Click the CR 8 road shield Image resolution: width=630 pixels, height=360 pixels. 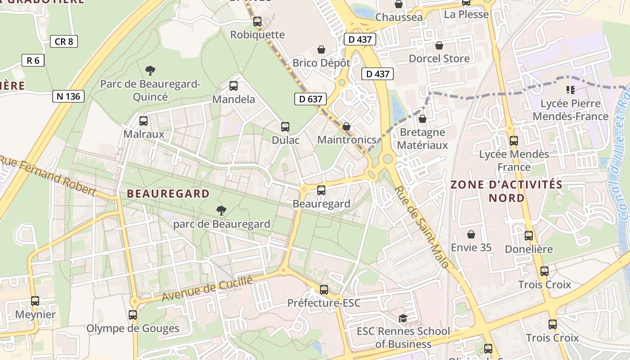point(64,42)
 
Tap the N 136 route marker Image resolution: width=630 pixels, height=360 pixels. point(68,96)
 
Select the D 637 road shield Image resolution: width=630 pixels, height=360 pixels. point(310,99)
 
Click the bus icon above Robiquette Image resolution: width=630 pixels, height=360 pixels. point(257,21)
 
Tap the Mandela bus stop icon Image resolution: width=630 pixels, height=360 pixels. point(234,86)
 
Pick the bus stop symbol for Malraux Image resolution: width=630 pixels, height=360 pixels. point(144,121)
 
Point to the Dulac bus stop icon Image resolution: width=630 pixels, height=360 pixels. point(285,127)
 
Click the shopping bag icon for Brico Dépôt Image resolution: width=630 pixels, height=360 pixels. point(321,49)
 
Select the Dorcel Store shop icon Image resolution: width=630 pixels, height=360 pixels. point(439,45)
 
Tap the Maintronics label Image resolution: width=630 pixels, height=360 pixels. point(346,140)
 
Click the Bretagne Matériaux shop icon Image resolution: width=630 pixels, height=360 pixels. point(422,119)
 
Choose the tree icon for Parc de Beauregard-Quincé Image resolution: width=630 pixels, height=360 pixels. point(150,70)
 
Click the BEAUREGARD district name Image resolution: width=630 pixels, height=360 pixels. point(168,194)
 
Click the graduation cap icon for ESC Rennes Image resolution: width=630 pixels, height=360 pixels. point(403,319)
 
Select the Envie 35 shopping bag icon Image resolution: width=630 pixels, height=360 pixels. point(471,234)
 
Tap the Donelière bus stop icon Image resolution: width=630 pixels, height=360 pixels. point(529,236)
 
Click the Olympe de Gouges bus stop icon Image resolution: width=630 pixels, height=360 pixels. point(133,315)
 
